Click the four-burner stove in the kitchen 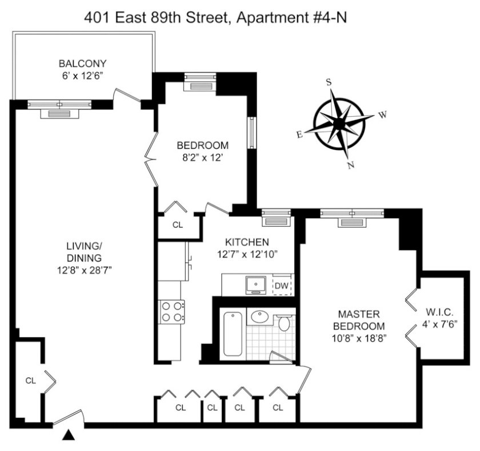tap(171, 311)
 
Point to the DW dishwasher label tap(281, 286)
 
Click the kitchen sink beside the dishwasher tap(255, 285)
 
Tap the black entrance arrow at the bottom tap(69, 436)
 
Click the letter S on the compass tap(329, 82)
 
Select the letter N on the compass tap(351, 165)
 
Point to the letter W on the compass tap(383, 114)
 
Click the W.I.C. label tap(439, 312)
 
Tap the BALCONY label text tap(82, 64)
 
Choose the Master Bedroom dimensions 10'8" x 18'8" tap(359, 338)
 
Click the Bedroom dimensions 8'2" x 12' tap(202, 157)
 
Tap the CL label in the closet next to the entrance tap(31, 381)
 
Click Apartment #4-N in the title tap(292, 18)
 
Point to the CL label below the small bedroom tap(178, 225)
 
